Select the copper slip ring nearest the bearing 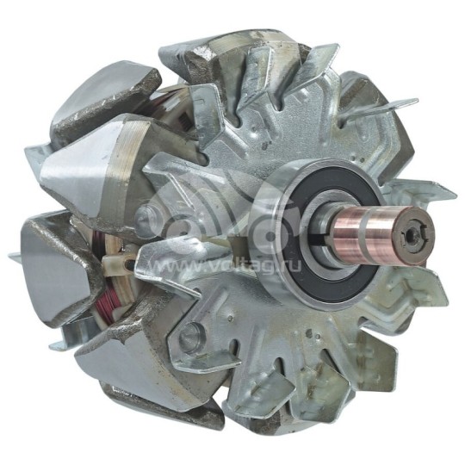[350, 233]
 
